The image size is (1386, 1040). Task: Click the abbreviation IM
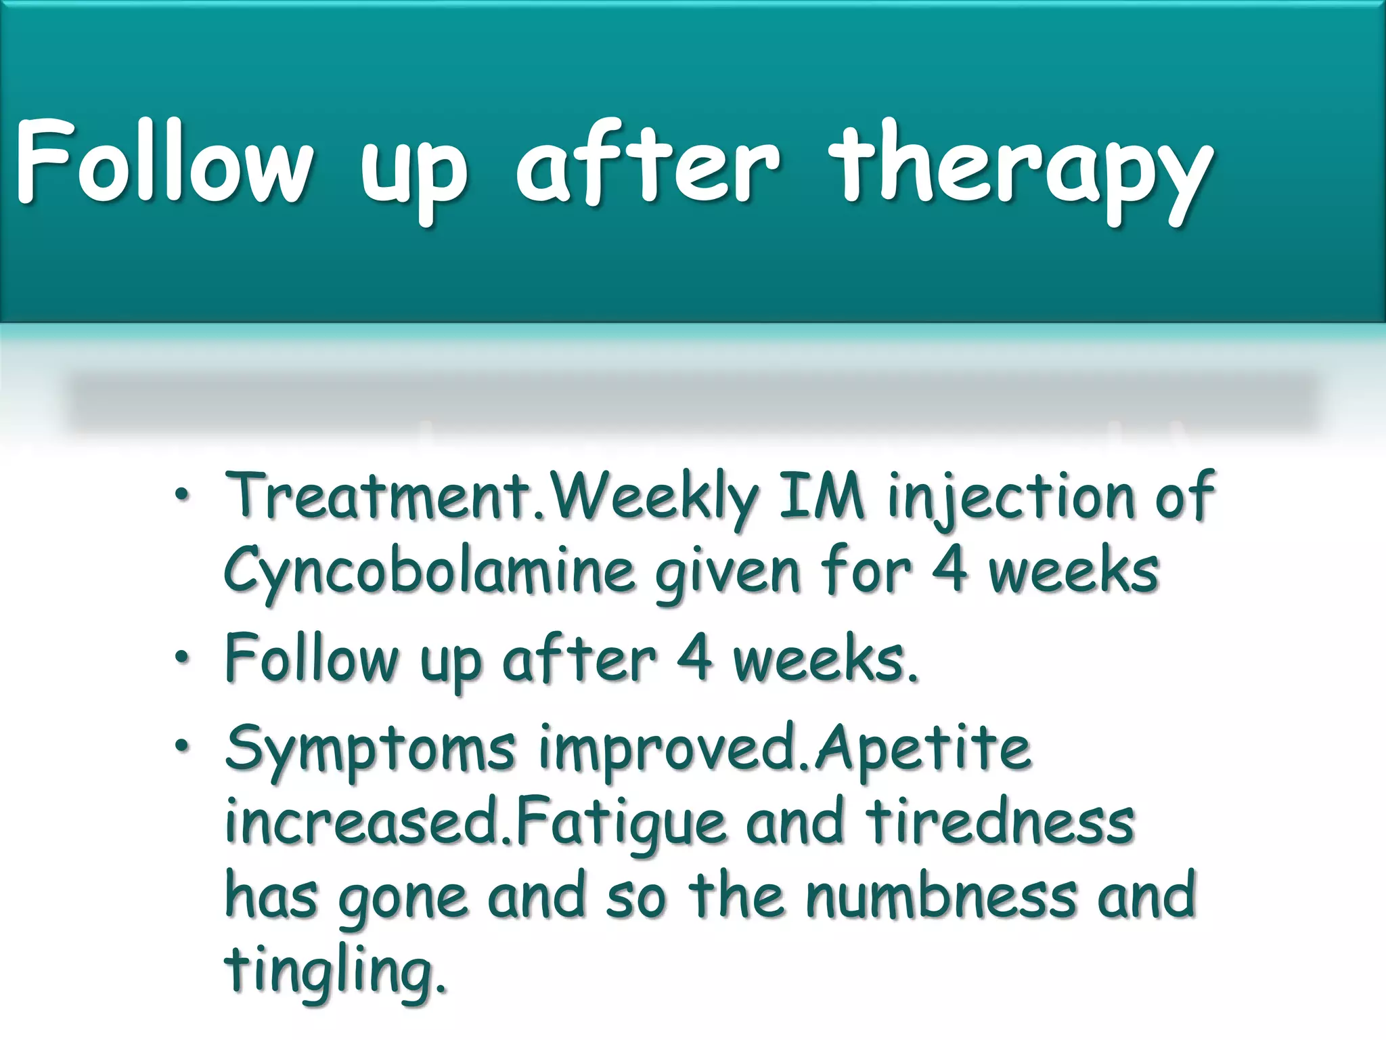(x=822, y=496)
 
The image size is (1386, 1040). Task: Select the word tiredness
(x=1000, y=821)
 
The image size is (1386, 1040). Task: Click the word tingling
(x=334, y=972)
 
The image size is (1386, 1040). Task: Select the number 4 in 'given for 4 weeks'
(x=949, y=570)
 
